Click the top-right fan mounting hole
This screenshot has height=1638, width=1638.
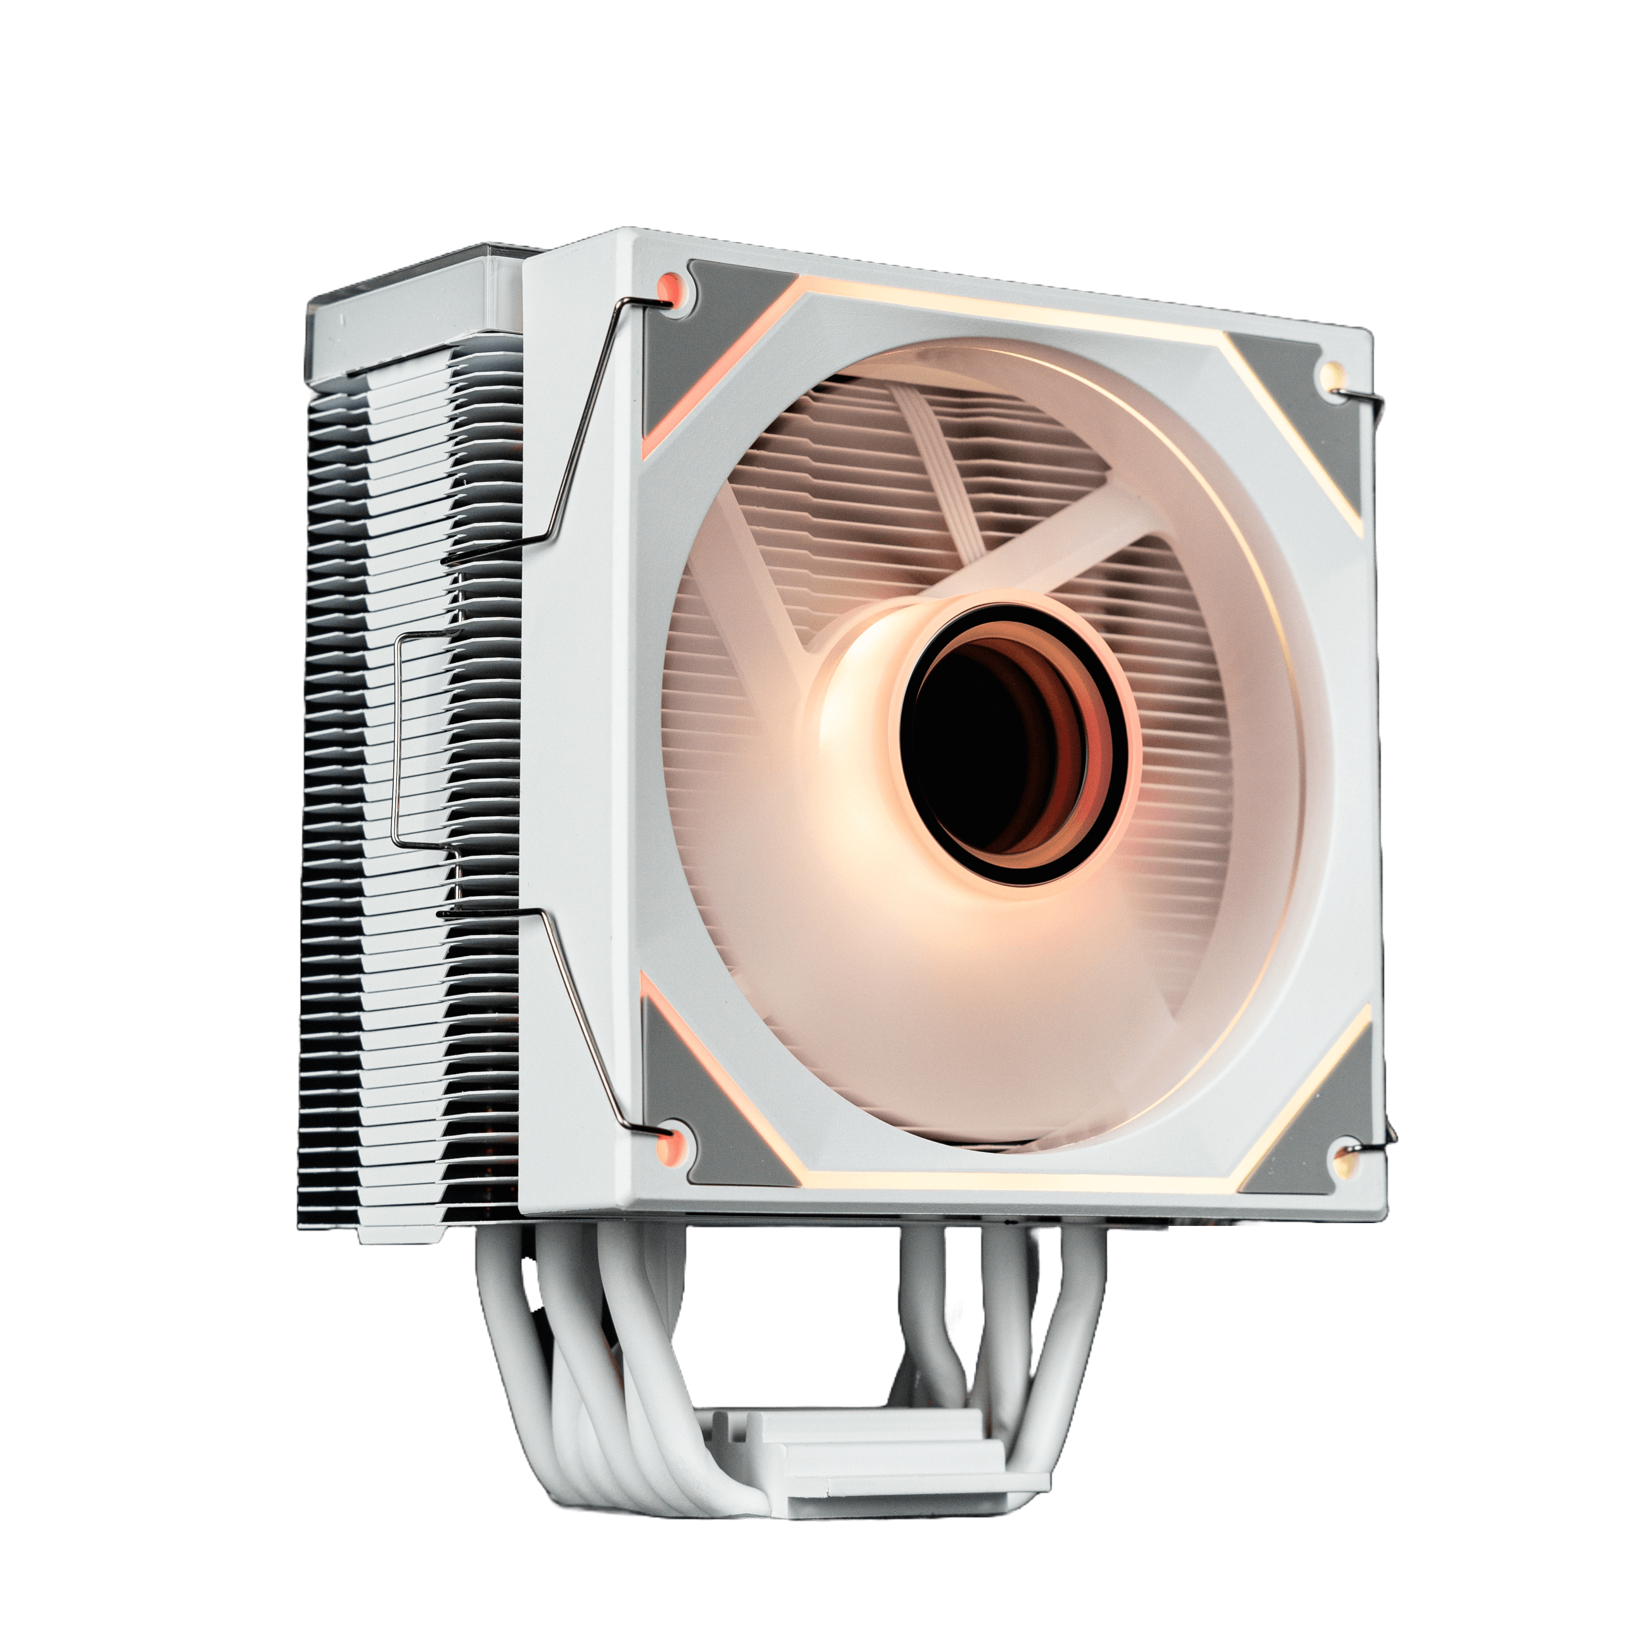point(1329,373)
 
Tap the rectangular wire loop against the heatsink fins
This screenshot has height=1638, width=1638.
point(398,738)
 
